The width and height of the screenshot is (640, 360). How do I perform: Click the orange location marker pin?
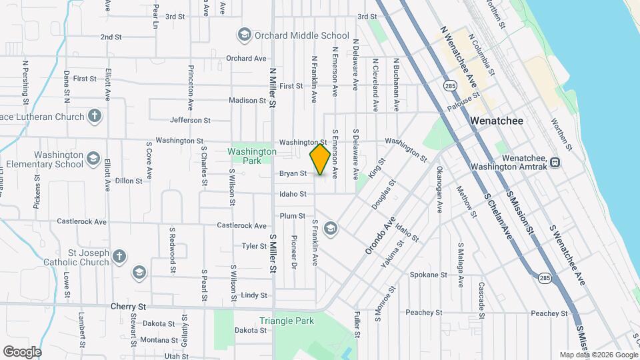tap(320, 159)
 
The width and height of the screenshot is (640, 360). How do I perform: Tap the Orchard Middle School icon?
tap(244, 35)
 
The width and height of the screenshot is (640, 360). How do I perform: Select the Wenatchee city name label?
tap(497, 121)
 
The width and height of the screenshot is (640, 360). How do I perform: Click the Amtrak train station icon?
tap(555, 162)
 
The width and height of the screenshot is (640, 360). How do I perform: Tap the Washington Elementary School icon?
tap(93, 159)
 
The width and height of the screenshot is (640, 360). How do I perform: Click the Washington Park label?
tap(251, 156)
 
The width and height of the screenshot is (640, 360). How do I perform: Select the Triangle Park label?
tap(287, 321)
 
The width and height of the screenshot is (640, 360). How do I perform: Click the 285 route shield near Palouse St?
tap(450, 86)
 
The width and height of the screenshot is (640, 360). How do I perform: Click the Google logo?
tap(22, 351)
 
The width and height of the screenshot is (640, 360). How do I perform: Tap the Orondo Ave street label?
tap(380, 235)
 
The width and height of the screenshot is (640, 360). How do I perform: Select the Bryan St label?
tap(293, 173)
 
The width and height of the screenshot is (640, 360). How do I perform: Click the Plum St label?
tap(292, 216)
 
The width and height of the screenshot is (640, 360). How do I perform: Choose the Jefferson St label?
tap(190, 121)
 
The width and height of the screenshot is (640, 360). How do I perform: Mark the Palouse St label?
tap(464, 102)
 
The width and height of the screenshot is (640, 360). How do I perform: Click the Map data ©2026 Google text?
tap(598, 355)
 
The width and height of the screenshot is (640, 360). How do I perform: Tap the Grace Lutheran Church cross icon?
tap(95, 117)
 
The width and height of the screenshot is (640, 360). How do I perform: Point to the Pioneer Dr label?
tap(293, 251)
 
